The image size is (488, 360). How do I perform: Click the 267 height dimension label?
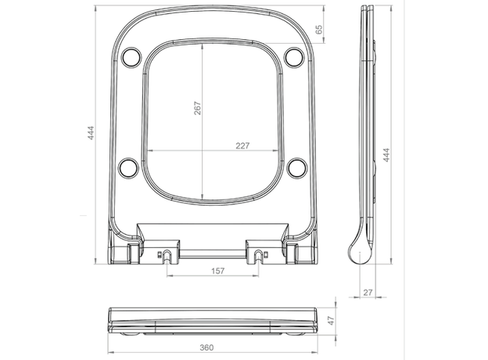click(197, 107)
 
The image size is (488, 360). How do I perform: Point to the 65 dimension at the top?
click(318, 29)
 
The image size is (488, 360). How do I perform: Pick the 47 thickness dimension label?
click(330, 320)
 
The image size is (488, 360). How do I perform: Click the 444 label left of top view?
click(95, 135)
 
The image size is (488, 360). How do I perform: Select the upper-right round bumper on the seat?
click(294, 56)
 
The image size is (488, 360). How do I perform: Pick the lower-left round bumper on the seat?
click(128, 167)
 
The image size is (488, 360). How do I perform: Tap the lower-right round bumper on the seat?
click(296, 167)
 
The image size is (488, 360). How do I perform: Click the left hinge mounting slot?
click(168, 254)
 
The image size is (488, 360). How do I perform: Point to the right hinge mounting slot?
click(257, 254)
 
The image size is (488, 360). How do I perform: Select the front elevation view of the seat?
click(211, 321)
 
